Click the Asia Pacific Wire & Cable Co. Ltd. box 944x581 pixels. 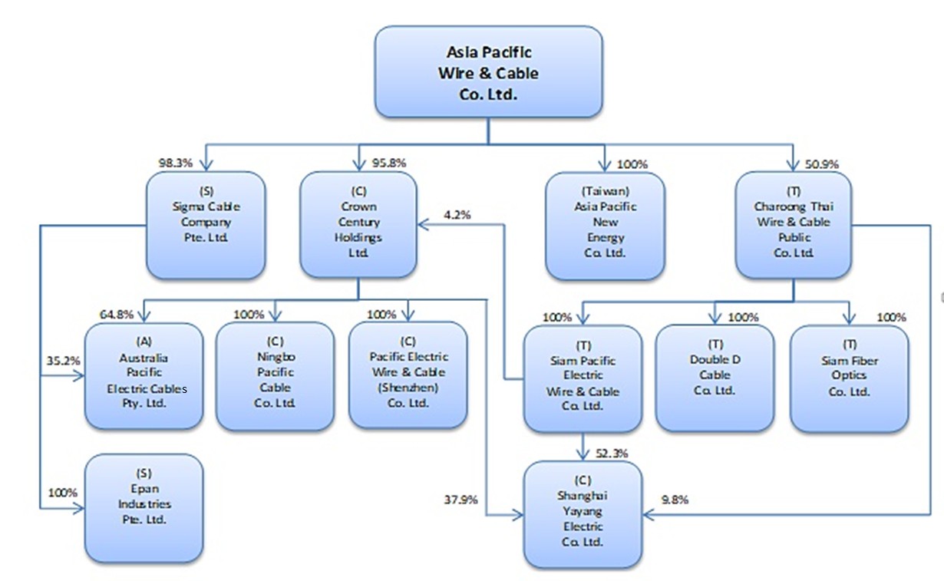click(x=488, y=71)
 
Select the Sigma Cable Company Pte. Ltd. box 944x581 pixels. click(x=206, y=225)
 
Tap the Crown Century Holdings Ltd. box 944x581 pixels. click(x=358, y=225)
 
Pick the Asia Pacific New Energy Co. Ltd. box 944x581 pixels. click(x=606, y=226)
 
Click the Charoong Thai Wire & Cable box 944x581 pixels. click(x=794, y=225)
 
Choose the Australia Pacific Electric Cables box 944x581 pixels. click(x=144, y=376)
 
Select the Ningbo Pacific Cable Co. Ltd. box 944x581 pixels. click(x=276, y=376)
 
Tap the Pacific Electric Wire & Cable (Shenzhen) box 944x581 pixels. click(x=408, y=375)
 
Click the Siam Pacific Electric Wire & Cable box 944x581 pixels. click(x=583, y=378)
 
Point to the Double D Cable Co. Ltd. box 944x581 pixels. click(x=715, y=378)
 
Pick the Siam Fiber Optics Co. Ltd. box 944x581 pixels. click(x=849, y=378)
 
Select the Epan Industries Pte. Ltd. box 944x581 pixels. click(x=144, y=507)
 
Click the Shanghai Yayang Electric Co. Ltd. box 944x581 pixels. click(x=583, y=514)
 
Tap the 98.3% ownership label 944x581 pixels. click(x=175, y=163)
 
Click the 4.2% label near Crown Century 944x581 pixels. click(x=457, y=215)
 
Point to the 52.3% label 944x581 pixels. click(x=612, y=454)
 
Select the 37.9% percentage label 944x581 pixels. click(x=460, y=500)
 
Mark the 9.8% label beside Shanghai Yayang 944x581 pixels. click(x=675, y=500)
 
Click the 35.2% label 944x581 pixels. click(x=63, y=361)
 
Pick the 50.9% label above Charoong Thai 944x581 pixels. click(x=822, y=164)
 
